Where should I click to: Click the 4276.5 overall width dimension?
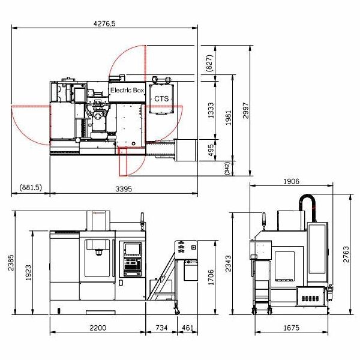[104, 23]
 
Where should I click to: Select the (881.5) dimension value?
[31, 187]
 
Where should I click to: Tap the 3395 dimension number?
[124, 189]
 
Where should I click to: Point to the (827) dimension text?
[209, 63]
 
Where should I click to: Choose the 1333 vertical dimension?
[211, 110]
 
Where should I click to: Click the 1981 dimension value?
[229, 118]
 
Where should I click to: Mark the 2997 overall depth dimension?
[245, 110]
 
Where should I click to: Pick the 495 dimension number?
[211, 150]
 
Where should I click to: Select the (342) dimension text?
[227, 168]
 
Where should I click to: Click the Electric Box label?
[127, 90]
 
